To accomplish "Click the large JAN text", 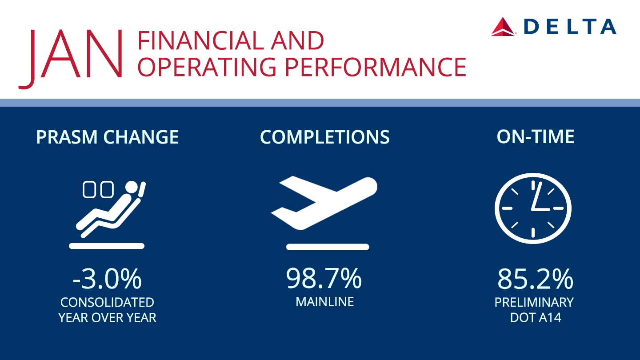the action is (71, 59).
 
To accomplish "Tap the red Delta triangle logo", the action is (503, 27).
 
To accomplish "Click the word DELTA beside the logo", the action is (570, 27).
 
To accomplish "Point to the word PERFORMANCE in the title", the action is (376, 67).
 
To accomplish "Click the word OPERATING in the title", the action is (207, 67).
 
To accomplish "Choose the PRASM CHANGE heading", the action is (107, 137).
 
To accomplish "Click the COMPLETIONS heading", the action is (324, 137).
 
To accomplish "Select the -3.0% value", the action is (107, 279).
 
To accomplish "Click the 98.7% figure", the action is (324, 278).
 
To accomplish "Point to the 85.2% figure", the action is (535, 279).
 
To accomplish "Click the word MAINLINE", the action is (324, 302).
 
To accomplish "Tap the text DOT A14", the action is (536, 317).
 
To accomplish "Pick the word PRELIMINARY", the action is (534, 302).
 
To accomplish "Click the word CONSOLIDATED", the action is (107, 302).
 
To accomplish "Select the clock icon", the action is (533, 208).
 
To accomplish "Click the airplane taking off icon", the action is (324, 203).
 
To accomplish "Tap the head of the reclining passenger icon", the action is (132, 187).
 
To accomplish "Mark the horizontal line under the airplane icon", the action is (328, 247).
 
